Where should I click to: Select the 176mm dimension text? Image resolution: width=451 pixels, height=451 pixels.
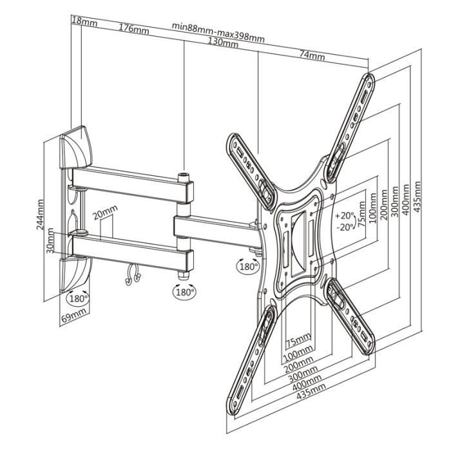point(133,28)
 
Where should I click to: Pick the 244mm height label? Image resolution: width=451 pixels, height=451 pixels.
point(41,215)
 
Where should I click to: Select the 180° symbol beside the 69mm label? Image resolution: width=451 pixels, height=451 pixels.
point(78,298)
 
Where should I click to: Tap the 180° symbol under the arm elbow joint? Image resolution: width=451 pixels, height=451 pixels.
point(184,291)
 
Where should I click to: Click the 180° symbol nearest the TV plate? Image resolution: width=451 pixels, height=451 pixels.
point(248,265)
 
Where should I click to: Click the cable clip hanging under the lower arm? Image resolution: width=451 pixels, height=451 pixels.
point(133,275)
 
